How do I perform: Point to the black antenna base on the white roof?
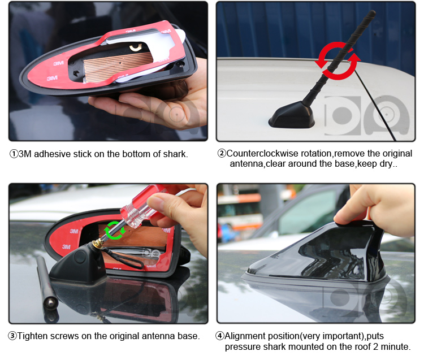[x=292, y=115]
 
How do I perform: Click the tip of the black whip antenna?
[x=373, y=13]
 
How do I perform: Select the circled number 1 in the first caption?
[x=14, y=154]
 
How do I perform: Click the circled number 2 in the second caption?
[x=222, y=153]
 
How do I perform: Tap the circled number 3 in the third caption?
[x=12, y=336]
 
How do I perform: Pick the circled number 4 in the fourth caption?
[x=219, y=336]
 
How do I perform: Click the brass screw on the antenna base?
[x=98, y=244]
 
